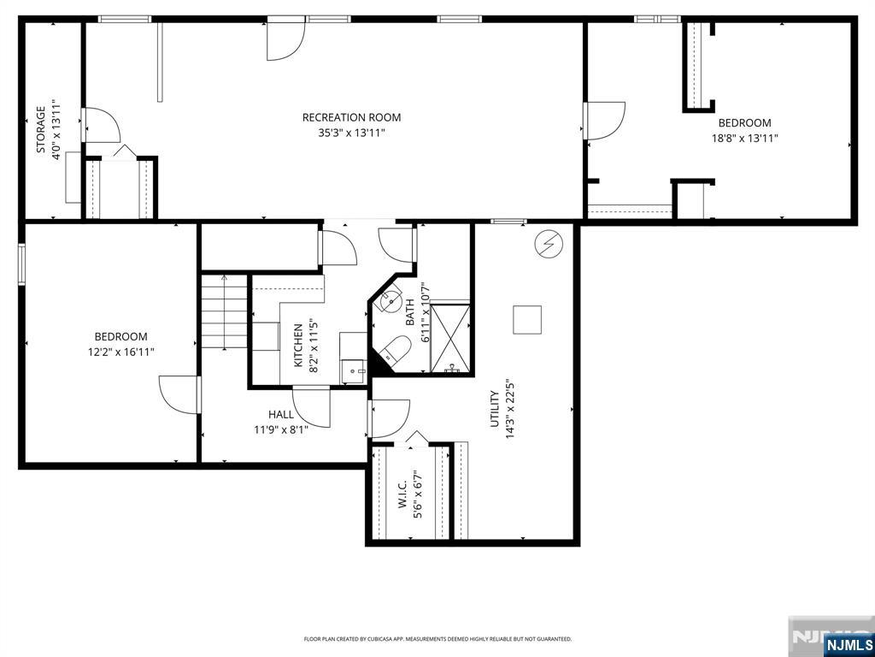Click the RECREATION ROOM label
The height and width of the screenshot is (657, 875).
point(351,117)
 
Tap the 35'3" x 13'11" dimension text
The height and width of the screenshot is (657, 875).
point(351,133)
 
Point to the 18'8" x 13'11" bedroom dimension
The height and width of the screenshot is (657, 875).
point(744,138)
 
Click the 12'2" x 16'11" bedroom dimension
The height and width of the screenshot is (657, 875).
point(120,352)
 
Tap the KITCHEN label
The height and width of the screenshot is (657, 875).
point(297,345)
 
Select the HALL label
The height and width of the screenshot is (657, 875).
point(281,414)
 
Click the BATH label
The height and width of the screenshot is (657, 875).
point(410,312)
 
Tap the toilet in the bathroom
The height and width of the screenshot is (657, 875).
point(395,350)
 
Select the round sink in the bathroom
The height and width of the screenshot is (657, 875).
point(391,300)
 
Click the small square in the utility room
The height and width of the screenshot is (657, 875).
point(527,319)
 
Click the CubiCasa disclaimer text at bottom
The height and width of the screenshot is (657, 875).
point(437,639)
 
